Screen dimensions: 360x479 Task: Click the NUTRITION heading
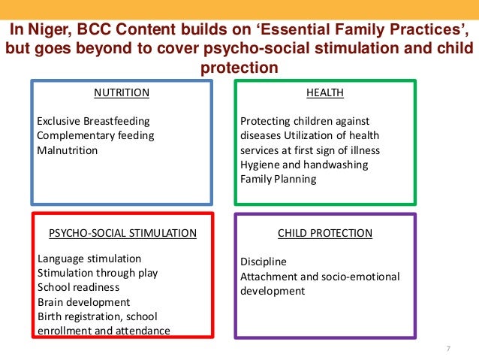point(121,93)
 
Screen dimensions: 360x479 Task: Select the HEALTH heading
point(325,93)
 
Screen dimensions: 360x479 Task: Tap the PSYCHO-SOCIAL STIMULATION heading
point(122,233)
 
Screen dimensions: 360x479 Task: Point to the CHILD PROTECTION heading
point(325,233)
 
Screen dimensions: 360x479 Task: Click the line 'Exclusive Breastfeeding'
point(94,121)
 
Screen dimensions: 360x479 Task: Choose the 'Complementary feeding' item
point(95,135)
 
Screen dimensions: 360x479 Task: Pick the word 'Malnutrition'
point(68,150)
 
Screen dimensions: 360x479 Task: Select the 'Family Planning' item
point(278,179)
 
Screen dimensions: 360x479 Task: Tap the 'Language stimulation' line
point(89,259)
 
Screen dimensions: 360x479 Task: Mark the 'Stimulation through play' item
point(98,273)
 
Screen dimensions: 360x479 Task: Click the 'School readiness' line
point(78,287)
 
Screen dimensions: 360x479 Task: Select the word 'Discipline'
point(264,262)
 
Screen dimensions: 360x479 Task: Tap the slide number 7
point(448,348)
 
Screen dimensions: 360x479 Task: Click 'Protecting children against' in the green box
point(305,121)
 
